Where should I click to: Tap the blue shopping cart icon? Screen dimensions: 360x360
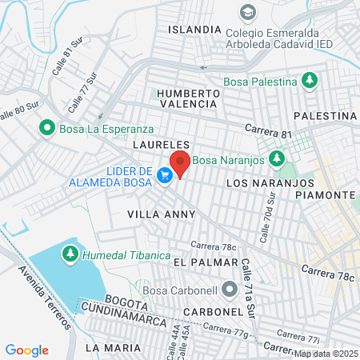[165, 175]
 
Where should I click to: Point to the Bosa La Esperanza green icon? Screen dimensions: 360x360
[47, 127]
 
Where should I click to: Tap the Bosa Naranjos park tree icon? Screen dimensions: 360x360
[278, 158]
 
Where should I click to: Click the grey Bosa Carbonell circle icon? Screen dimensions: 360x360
[230, 288]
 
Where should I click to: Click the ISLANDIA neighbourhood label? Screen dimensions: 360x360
[194, 29]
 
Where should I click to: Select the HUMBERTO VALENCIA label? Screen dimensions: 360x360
[188, 98]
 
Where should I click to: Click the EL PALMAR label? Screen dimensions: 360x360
[205, 262]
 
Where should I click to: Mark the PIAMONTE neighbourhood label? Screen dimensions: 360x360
[330, 195]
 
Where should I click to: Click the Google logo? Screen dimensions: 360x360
[27, 350]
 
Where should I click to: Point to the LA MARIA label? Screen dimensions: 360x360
[112, 348]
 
